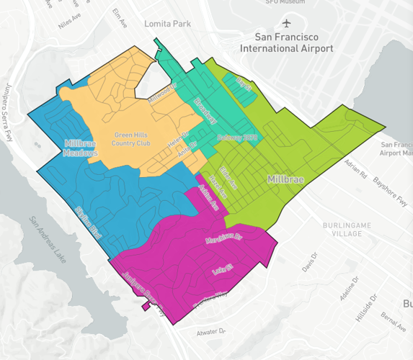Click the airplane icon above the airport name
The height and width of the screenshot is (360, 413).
pos(288,23)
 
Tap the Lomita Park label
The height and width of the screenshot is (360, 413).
pos(168,24)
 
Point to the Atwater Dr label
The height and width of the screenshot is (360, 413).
pos(211,333)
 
